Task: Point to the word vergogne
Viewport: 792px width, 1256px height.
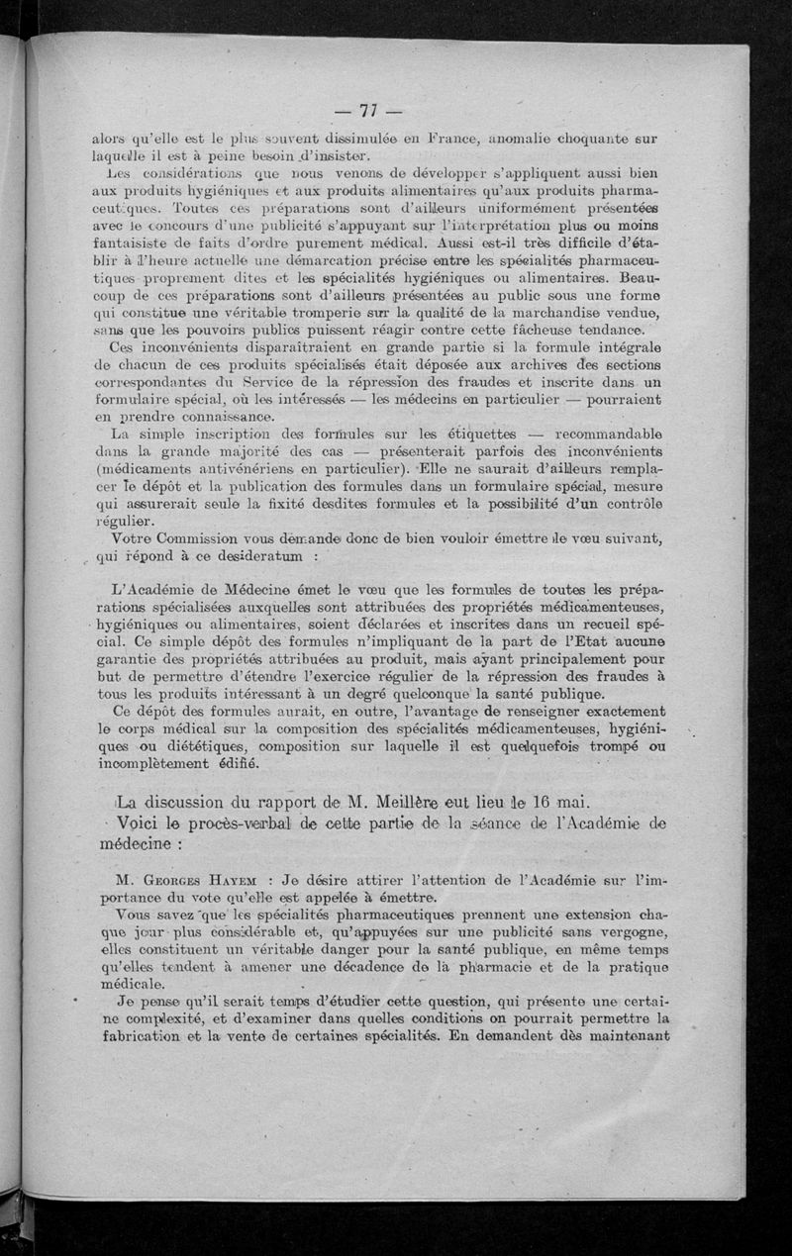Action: [631, 931]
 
